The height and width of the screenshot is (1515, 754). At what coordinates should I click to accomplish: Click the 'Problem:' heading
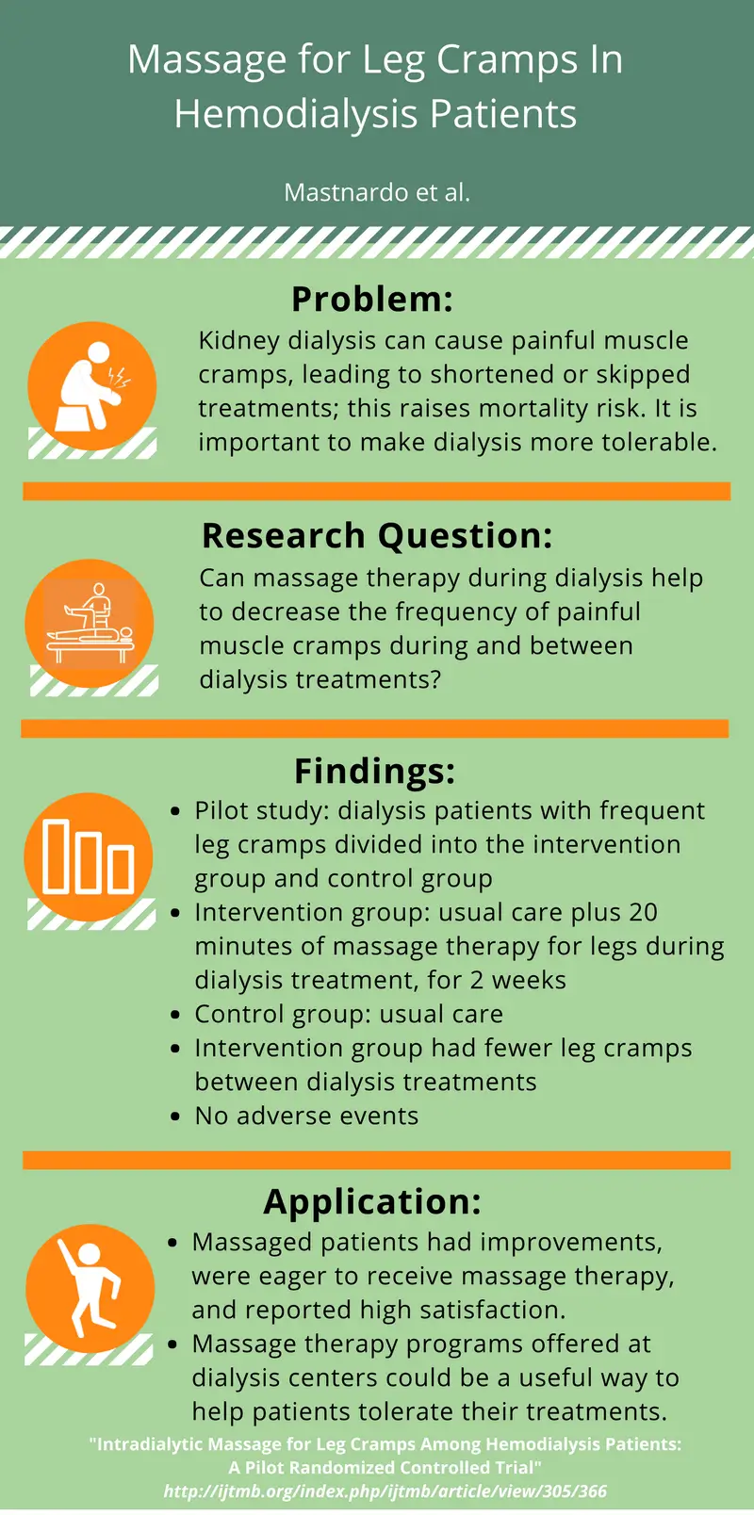pyautogui.click(x=372, y=300)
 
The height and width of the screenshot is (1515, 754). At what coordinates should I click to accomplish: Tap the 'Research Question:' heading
pyautogui.click(x=377, y=535)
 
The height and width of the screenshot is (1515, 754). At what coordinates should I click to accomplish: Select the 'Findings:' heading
pyautogui.click(x=374, y=771)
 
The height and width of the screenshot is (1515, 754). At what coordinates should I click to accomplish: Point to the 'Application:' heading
pyautogui.click(x=372, y=1201)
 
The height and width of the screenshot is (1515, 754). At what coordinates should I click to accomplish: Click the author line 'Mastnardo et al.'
pyautogui.click(x=377, y=192)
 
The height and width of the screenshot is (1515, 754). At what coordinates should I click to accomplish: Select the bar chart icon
pyautogui.click(x=89, y=856)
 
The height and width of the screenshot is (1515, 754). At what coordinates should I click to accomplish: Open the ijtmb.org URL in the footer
pyautogui.click(x=385, y=1491)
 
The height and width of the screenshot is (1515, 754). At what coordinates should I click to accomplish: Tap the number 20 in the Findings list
pyautogui.click(x=643, y=912)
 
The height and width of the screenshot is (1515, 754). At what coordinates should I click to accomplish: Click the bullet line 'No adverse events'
pyautogui.click(x=306, y=1116)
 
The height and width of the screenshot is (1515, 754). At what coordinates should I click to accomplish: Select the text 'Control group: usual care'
pyautogui.click(x=349, y=1014)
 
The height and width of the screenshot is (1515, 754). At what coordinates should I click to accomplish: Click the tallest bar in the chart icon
pyautogui.click(x=57, y=855)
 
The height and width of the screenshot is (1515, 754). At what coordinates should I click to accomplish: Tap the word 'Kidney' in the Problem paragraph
pyautogui.click(x=238, y=340)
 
